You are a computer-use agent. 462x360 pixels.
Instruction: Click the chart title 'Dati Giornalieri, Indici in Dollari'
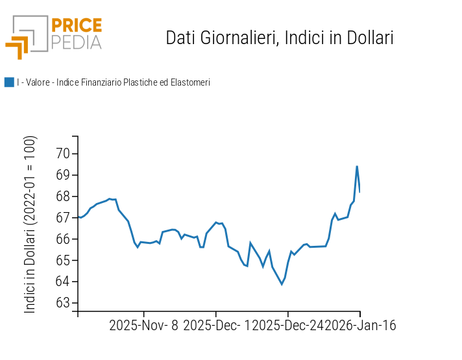tap(280, 38)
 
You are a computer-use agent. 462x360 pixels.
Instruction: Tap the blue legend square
tap(9, 82)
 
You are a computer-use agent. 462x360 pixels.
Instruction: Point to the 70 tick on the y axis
tap(62, 154)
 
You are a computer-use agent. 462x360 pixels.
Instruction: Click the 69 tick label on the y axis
tap(62, 175)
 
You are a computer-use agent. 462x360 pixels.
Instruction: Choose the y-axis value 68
tap(62, 197)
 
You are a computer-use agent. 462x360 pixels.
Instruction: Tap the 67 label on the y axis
tap(62, 218)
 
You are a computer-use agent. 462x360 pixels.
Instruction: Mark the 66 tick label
tap(62, 239)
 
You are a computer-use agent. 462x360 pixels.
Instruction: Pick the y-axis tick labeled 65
tap(62, 261)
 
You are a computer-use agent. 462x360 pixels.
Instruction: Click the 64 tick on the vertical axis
tap(62, 282)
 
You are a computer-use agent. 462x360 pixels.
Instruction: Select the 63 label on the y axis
tap(62, 303)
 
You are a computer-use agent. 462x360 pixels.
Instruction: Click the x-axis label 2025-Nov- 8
tap(143, 326)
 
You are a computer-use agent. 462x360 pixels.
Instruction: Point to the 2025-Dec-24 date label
tap(287, 326)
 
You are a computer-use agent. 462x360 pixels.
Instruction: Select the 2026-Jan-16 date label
tap(360, 326)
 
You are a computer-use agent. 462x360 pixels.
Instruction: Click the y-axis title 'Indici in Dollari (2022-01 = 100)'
tap(30, 224)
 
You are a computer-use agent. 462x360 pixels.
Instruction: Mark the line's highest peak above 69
tap(357, 166)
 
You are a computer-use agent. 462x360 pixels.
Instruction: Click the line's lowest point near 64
tap(282, 284)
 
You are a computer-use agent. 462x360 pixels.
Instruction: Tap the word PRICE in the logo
tap(76, 26)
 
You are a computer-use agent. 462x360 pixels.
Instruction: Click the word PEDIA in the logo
tap(76, 42)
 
